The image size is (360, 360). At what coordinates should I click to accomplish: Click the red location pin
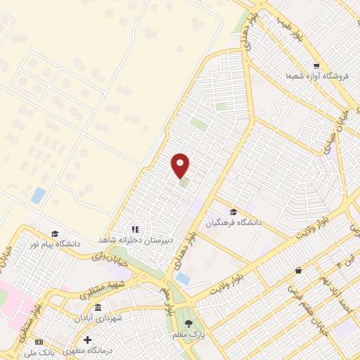point(181,165)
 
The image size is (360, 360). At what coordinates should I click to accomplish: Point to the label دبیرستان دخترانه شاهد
point(134,240)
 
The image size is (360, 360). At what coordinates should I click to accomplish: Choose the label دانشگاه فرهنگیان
point(233,222)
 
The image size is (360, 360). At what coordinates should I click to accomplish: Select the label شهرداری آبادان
point(98,319)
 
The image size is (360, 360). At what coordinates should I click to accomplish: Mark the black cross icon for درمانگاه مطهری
point(86,340)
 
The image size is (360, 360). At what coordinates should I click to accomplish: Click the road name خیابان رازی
point(106,257)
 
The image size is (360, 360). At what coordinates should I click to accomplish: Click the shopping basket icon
point(298,270)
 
